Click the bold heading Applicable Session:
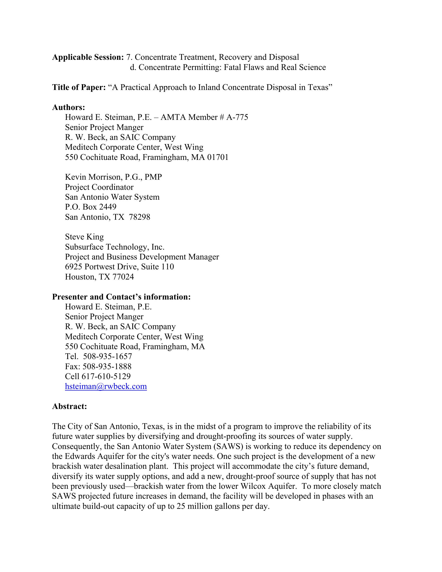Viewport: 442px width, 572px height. coord(88,57)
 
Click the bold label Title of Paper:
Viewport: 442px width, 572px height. coord(79,87)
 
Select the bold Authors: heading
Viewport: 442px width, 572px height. coord(69,107)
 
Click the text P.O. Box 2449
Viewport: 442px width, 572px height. coord(90,207)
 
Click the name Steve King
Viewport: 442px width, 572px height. coord(84,237)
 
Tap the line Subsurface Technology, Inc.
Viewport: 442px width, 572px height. coord(115,247)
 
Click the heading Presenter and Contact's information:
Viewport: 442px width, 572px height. coord(121,297)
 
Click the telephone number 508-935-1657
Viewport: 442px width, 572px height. coord(107,356)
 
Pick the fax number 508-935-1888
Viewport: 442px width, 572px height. coord(107,366)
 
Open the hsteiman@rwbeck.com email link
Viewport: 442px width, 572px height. coord(106,387)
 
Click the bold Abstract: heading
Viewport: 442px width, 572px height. coord(69,406)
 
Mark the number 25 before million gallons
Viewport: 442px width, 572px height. coord(181,506)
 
